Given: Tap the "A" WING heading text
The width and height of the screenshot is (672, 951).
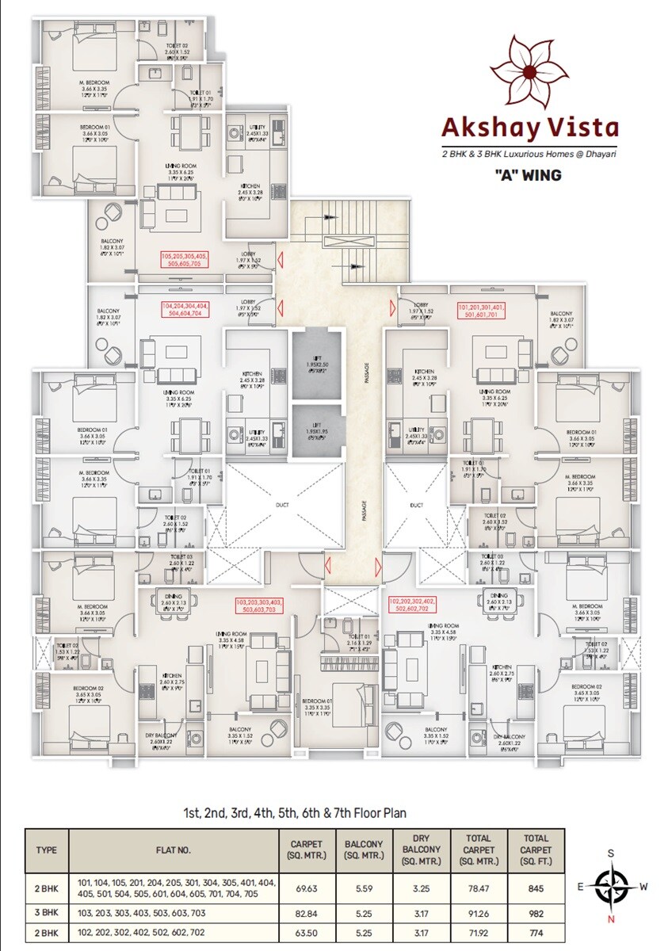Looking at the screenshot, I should click(x=528, y=175).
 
